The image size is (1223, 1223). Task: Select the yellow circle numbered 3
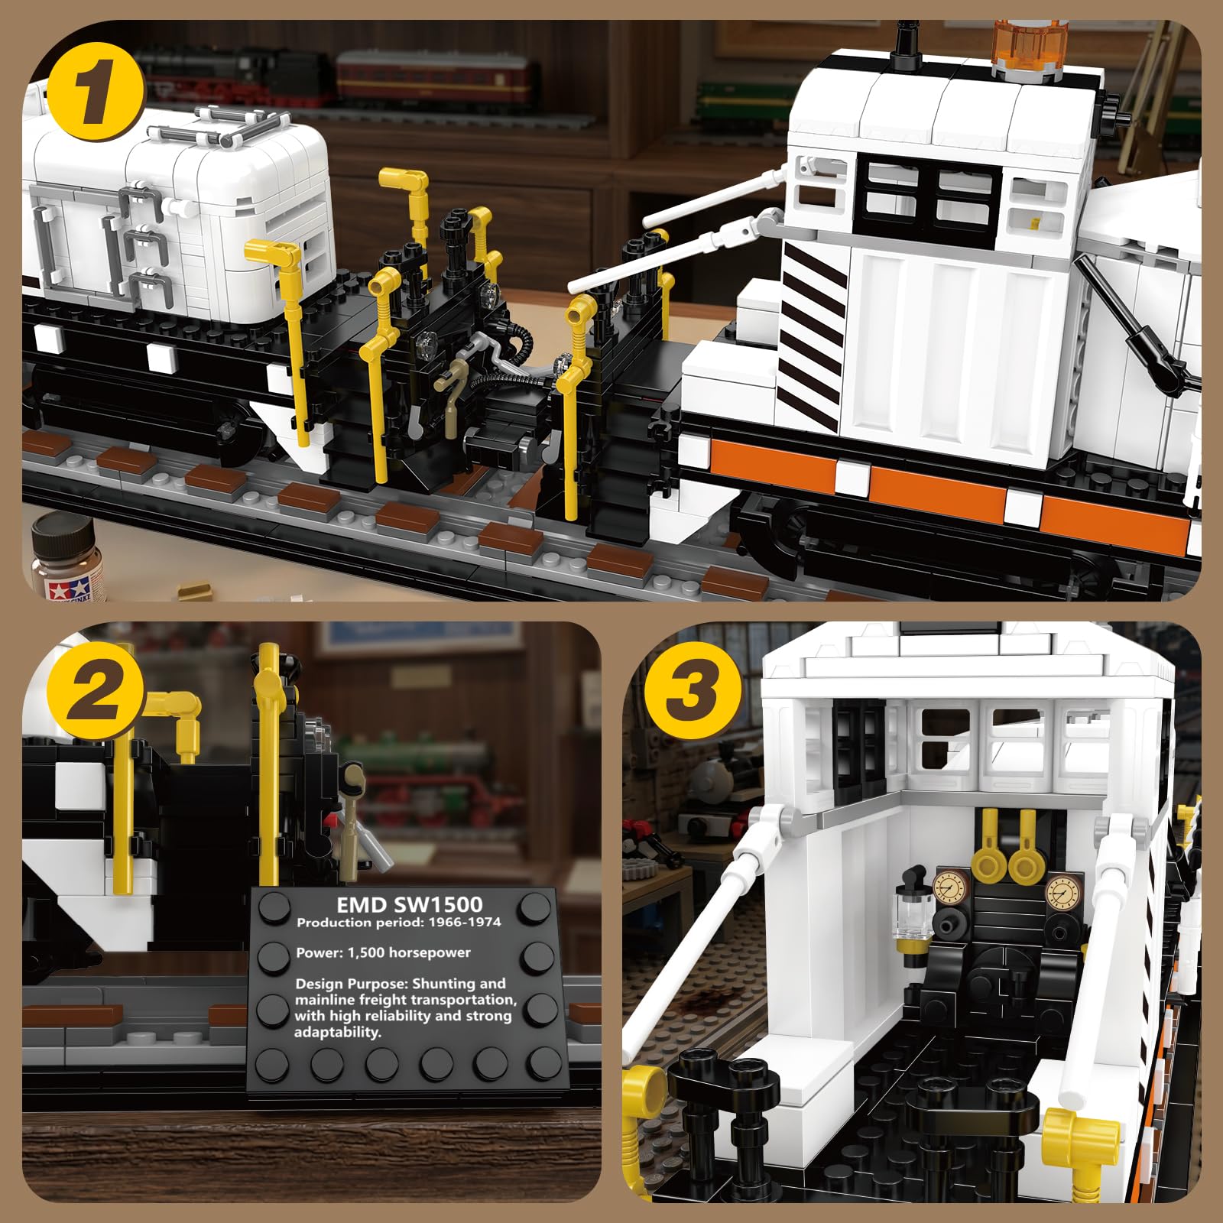692,693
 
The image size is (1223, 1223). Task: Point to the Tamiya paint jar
61,556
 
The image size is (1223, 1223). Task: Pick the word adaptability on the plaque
337,1032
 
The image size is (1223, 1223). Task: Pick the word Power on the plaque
317,953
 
